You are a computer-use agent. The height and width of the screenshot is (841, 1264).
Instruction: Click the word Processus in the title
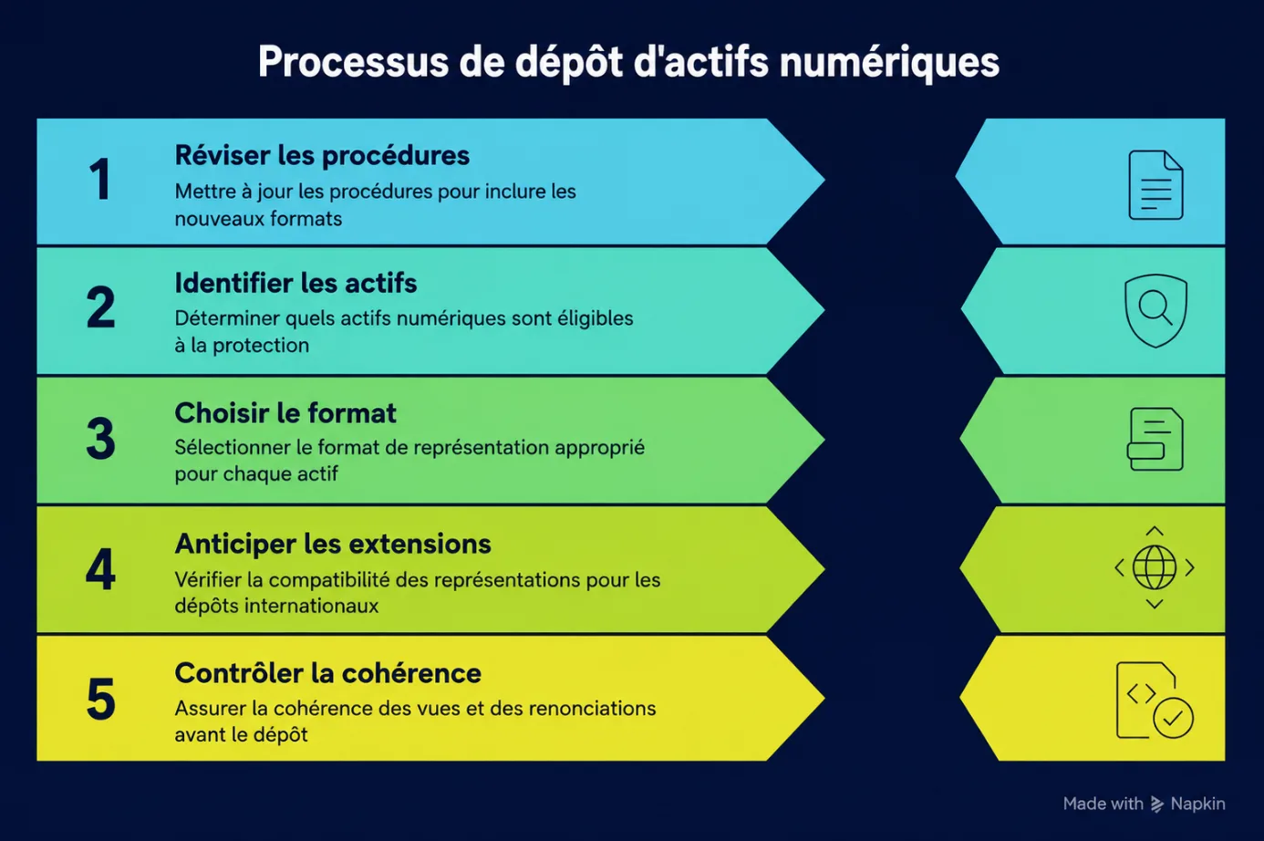click(353, 61)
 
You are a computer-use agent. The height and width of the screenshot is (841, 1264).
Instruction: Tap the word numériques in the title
click(889, 63)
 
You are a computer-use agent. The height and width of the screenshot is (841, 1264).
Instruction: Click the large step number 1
click(100, 180)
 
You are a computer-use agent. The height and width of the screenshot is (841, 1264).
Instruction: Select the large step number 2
click(100, 307)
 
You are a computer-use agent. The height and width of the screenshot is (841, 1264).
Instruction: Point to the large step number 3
click(100, 439)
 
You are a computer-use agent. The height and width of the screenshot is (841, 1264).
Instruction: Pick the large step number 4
click(100, 569)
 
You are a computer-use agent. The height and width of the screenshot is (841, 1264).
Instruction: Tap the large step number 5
click(101, 700)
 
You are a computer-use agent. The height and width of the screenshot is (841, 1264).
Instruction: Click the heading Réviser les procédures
click(322, 156)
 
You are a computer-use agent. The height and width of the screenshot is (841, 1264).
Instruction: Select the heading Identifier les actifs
click(295, 283)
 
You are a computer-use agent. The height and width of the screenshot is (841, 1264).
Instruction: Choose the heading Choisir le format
click(285, 413)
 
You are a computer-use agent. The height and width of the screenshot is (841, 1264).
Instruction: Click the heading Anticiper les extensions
click(333, 545)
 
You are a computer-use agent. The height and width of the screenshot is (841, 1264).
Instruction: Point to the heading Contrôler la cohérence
click(327, 673)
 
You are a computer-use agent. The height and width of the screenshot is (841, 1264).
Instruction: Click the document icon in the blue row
click(1155, 185)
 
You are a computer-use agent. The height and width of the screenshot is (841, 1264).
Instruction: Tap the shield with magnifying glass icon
click(1155, 310)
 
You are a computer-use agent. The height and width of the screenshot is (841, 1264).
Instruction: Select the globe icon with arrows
click(1155, 567)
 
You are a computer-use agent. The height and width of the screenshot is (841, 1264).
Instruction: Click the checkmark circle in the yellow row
click(1173, 719)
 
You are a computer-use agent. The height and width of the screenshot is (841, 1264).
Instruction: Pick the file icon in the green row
click(1155, 439)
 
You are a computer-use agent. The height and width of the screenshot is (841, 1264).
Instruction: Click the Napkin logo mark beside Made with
click(1156, 805)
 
